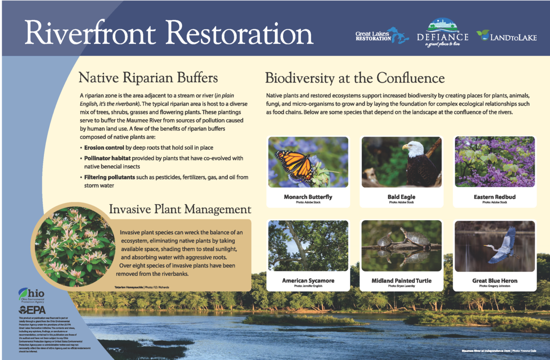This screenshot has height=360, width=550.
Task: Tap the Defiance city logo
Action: (442, 34)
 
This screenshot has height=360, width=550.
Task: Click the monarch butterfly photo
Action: (308, 162)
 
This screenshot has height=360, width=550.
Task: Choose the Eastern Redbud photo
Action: (494, 162)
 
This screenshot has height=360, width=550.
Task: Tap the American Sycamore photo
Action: (308, 246)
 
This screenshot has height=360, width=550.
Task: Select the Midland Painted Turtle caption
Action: (401, 281)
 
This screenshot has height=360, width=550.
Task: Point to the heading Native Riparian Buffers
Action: (148, 77)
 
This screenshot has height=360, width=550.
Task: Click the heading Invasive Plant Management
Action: (180, 209)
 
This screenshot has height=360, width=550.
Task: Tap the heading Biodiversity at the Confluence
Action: (355, 77)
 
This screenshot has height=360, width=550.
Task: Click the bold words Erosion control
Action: (104, 148)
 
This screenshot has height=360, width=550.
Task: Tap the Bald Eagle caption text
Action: (401, 197)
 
